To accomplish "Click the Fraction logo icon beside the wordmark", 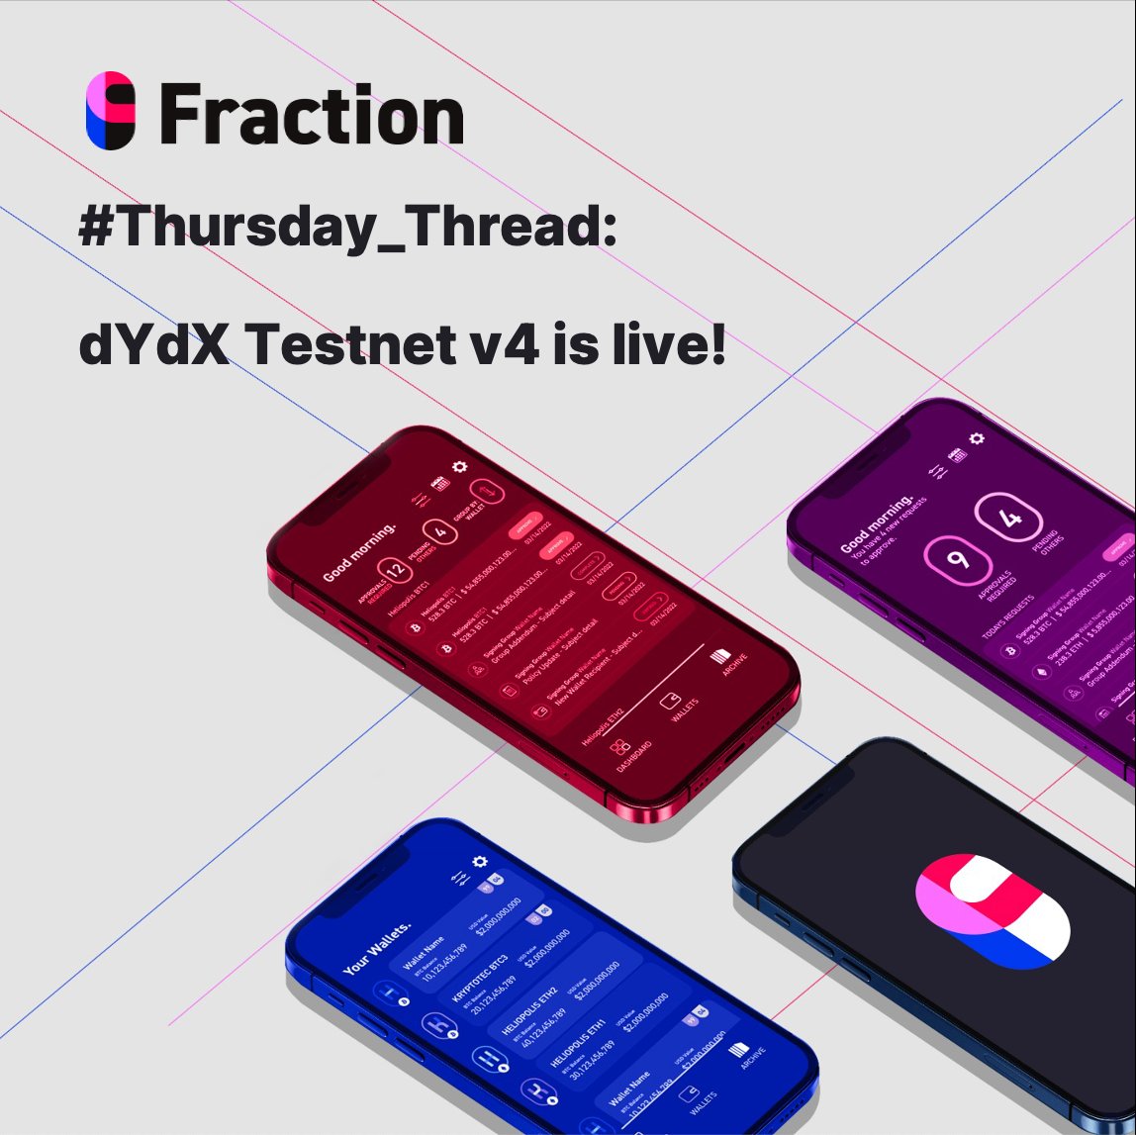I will coord(110,110).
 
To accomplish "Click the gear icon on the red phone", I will coord(460,468).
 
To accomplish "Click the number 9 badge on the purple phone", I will coord(957,560).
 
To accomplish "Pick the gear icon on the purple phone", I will coord(977,438).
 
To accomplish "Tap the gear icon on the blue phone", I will coord(480,862).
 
